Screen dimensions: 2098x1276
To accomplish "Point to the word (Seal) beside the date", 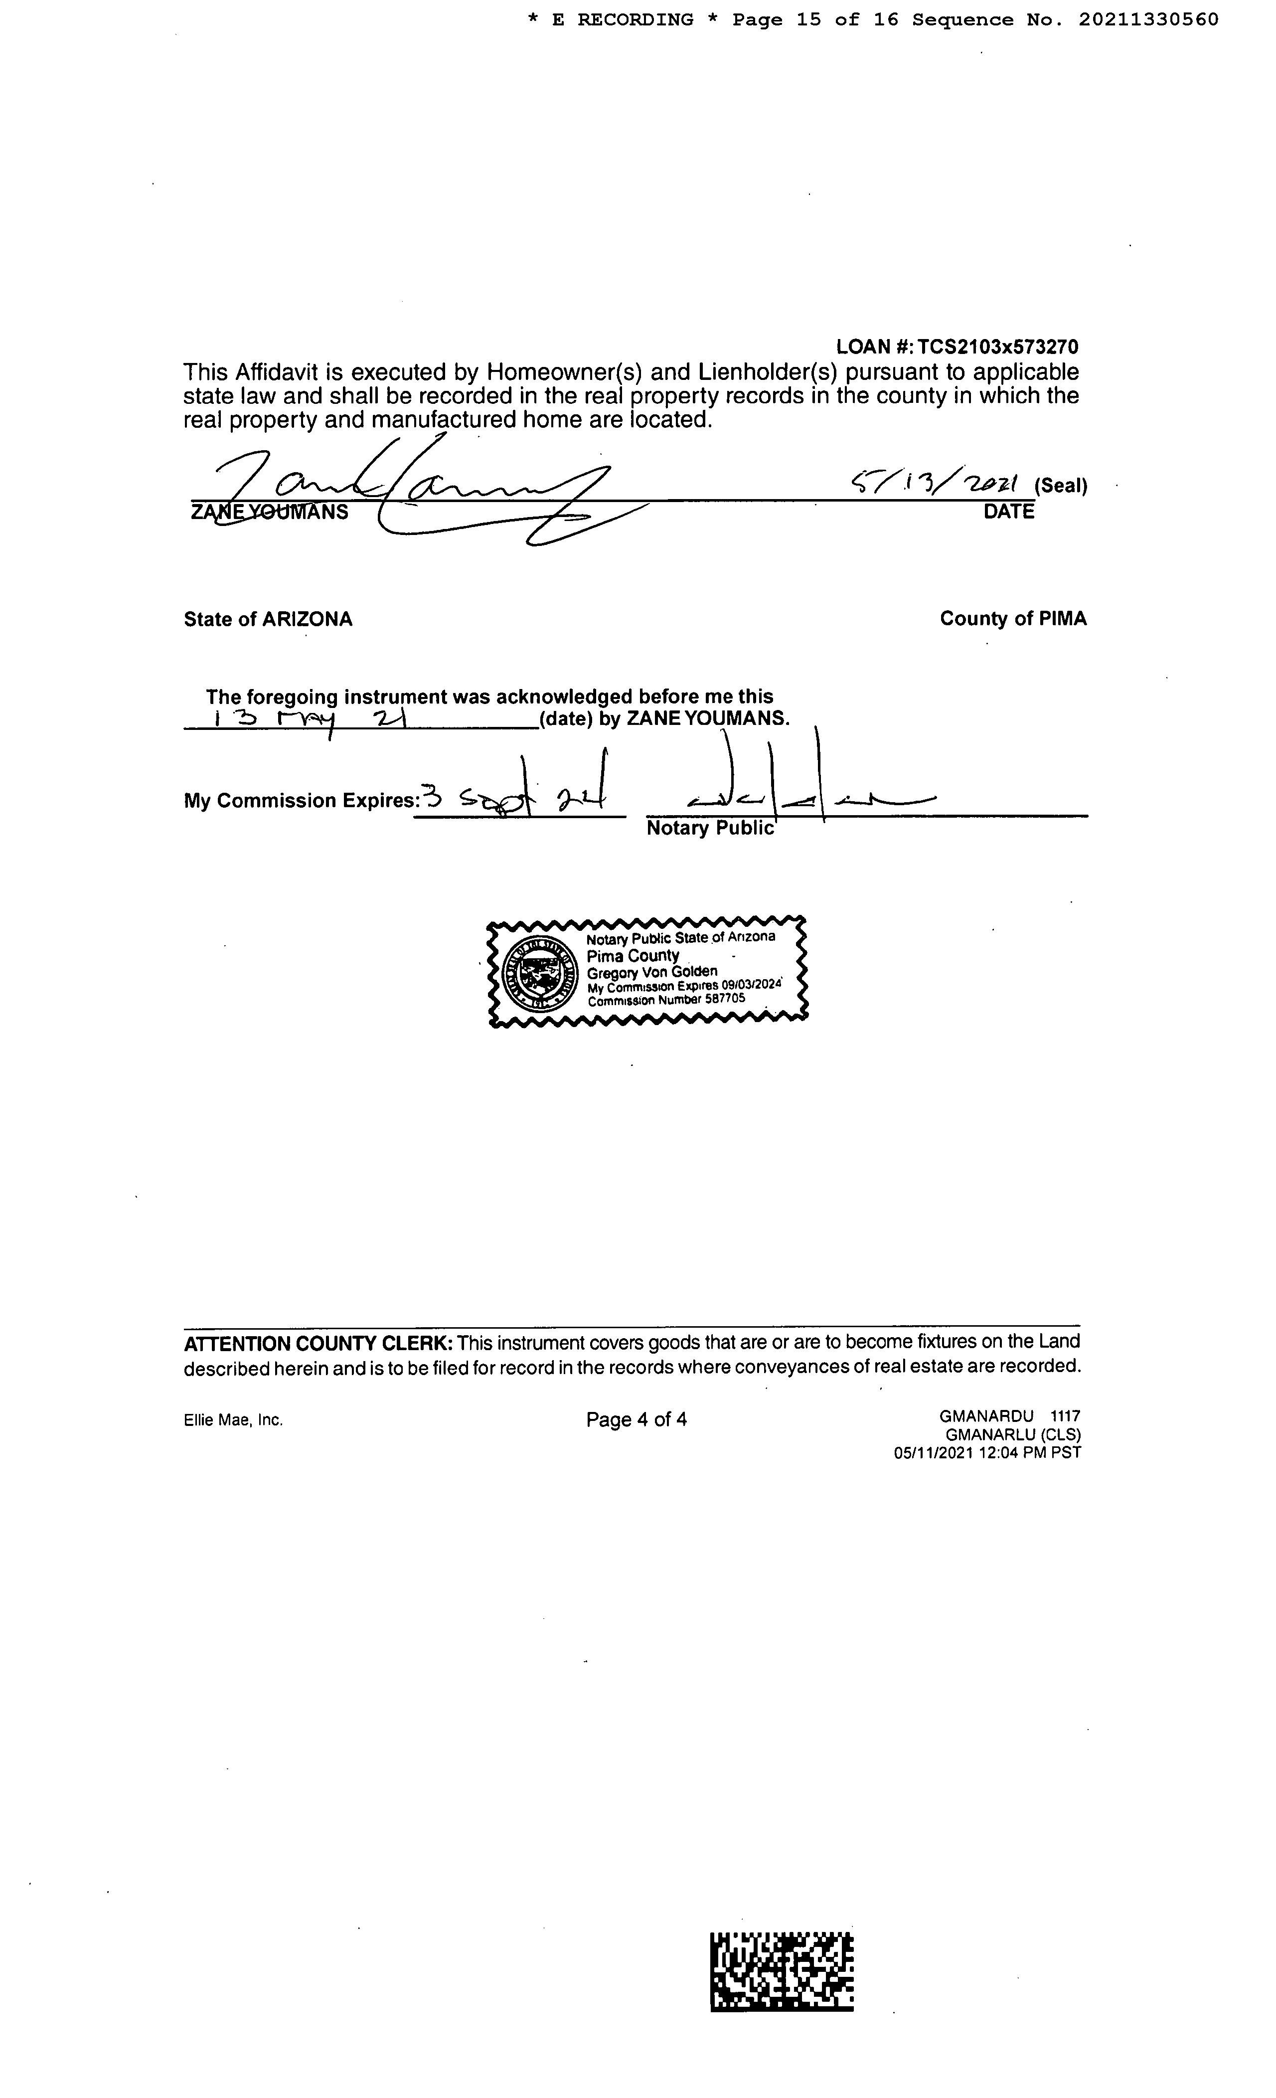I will click(x=1061, y=486).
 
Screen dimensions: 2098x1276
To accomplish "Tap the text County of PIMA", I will click(x=1013, y=619).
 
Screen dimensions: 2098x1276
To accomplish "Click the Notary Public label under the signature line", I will click(x=710, y=829).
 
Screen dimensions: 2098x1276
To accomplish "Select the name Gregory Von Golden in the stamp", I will click(x=652, y=972).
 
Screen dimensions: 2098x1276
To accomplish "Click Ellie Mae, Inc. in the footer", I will click(x=233, y=1420).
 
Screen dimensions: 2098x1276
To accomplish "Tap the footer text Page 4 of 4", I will click(x=637, y=1419).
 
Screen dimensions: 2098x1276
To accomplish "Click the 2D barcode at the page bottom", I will click(x=782, y=1972).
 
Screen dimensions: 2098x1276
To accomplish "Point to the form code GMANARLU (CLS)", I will click(x=1013, y=1435).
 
